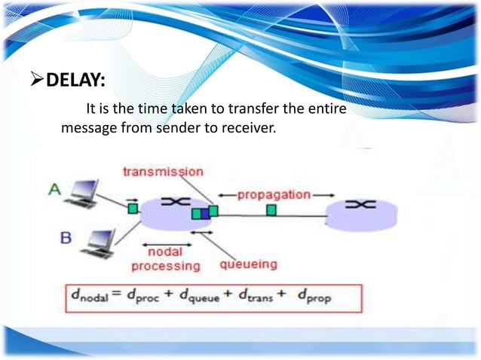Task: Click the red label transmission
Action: tap(162, 172)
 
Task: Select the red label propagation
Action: tap(274, 194)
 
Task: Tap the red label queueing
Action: tap(248, 264)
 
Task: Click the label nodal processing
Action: tap(166, 258)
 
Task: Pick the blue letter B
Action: tap(66, 237)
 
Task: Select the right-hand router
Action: tap(361, 212)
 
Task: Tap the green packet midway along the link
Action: tap(271, 210)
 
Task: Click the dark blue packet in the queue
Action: tap(205, 214)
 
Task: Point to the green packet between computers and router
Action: tap(133, 207)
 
